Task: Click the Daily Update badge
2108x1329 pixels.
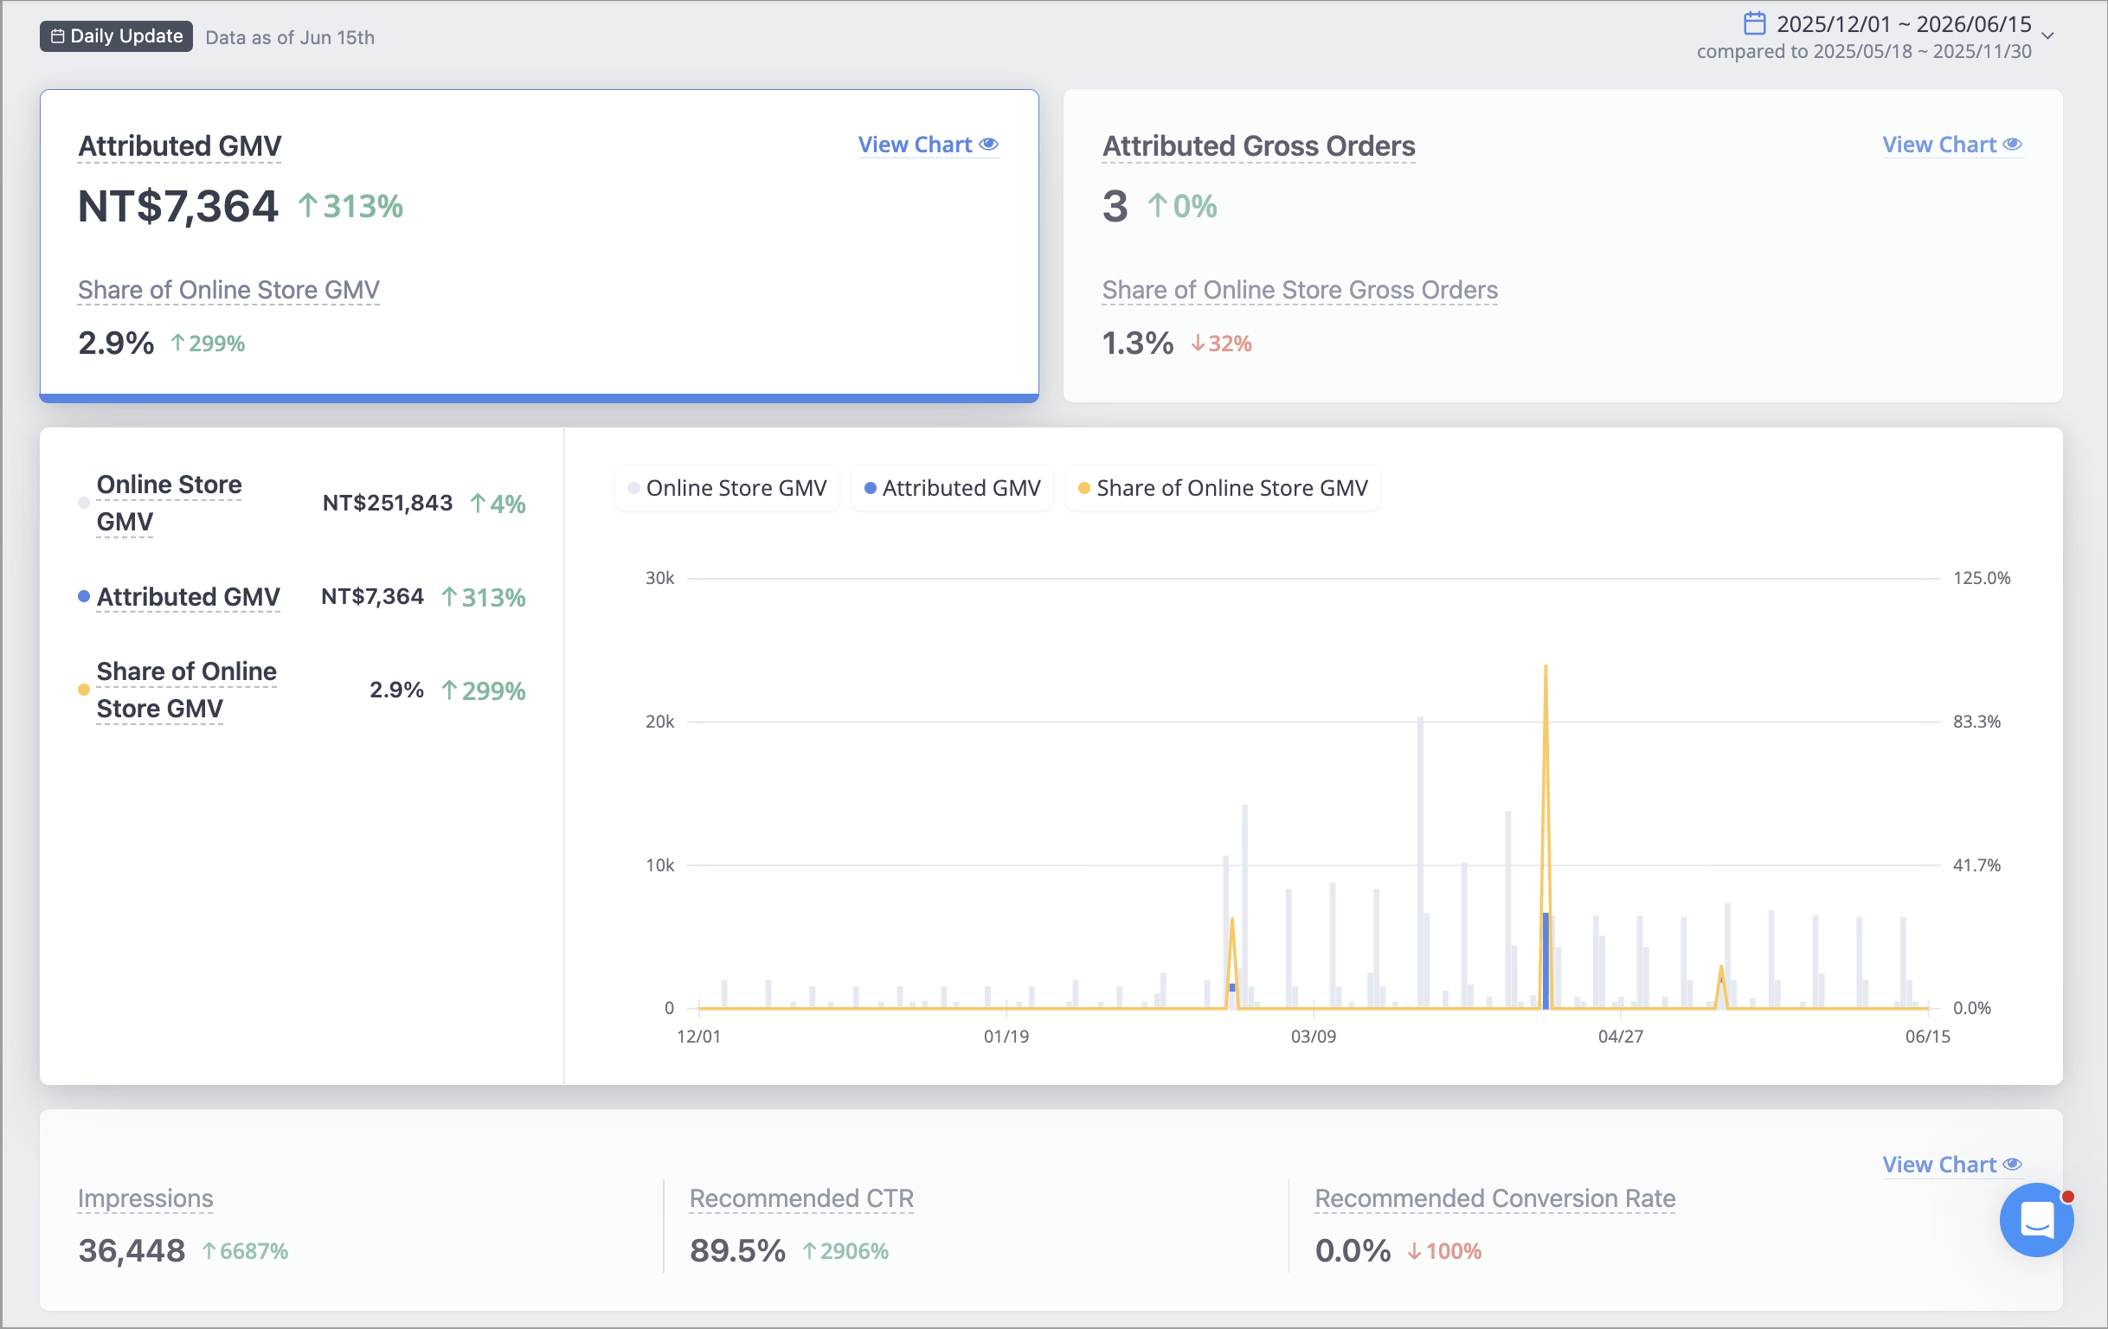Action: pos(116,35)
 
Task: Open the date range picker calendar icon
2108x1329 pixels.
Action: pos(1754,22)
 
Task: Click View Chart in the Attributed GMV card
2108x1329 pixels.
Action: pos(928,144)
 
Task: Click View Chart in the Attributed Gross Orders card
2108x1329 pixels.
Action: pos(1952,144)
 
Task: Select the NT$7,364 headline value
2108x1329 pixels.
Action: pos(177,207)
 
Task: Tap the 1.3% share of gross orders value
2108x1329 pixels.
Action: pos(1137,343)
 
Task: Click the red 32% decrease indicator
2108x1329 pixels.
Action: pos(1221,343)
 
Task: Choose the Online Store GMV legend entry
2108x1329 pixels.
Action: pos(728,488)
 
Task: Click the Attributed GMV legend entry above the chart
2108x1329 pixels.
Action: pos(953,488)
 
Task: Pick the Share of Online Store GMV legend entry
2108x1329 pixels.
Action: pos(1223,488)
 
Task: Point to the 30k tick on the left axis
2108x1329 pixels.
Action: pos(660,578)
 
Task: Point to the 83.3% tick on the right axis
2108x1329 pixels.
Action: pos(1976,722)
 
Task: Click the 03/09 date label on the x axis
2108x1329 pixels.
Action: pos(1313,1037)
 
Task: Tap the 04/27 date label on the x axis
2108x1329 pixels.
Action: pos(1621,1037)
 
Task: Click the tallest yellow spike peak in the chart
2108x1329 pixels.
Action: pos(1546,666)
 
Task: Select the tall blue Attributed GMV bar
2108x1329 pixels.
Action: pos(1546,960)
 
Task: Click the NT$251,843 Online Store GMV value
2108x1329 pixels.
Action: pos(388,503)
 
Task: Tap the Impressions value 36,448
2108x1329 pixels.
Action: pos(132,1250)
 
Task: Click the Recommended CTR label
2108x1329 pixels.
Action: pos(802,1198)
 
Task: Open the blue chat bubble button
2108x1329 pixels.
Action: pos(2036,1220)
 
